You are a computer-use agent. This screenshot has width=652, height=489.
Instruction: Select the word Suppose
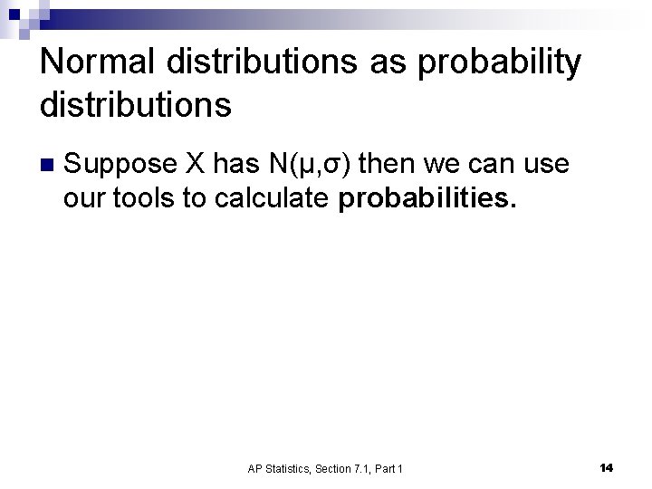(120, 164)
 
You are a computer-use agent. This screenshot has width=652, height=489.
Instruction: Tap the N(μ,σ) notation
(310, 165)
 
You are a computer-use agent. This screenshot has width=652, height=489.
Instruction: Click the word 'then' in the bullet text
(387, 164)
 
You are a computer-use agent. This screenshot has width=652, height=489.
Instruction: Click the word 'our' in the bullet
(84, 198)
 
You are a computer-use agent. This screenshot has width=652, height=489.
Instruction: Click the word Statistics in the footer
(290, 468)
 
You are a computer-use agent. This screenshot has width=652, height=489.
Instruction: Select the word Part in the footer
(386, 468)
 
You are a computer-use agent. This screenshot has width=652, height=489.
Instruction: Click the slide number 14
(606, 467)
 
